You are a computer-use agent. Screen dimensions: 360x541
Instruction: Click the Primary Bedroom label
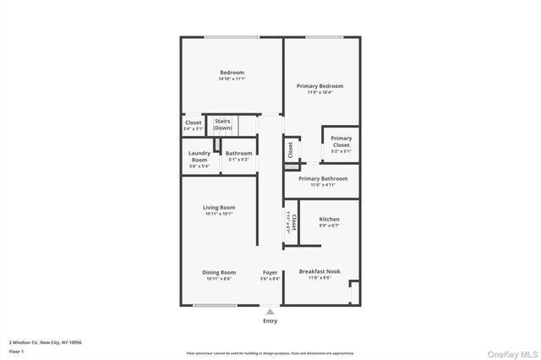tap(320, 86)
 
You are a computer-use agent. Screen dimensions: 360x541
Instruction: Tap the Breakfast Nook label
tap(320, 271)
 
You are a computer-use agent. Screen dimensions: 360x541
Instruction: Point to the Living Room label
tap(218, 207)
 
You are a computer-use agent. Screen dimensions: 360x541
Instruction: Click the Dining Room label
tap(218, 272)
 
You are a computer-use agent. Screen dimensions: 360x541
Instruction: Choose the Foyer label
tap(270, 272)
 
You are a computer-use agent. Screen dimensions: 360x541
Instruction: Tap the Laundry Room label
tap(199, 156)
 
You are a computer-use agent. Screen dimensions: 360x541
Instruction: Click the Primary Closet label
tap(341, 142)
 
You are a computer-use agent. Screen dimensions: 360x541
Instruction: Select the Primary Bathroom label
tap(323, 178)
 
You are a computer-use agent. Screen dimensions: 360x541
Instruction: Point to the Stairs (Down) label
tap(222, 124)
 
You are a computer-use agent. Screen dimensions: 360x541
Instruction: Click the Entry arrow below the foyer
tap(270, 312)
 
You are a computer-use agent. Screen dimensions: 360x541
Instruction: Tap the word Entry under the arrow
tap(270, 321)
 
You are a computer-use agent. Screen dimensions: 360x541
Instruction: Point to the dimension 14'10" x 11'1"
tap(231, 79)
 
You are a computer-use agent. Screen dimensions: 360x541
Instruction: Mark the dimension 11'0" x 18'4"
tap(320, 92)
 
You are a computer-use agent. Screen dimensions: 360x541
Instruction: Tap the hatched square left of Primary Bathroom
tap(292, 167)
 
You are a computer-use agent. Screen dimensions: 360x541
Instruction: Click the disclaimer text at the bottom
tap(270, 353)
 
